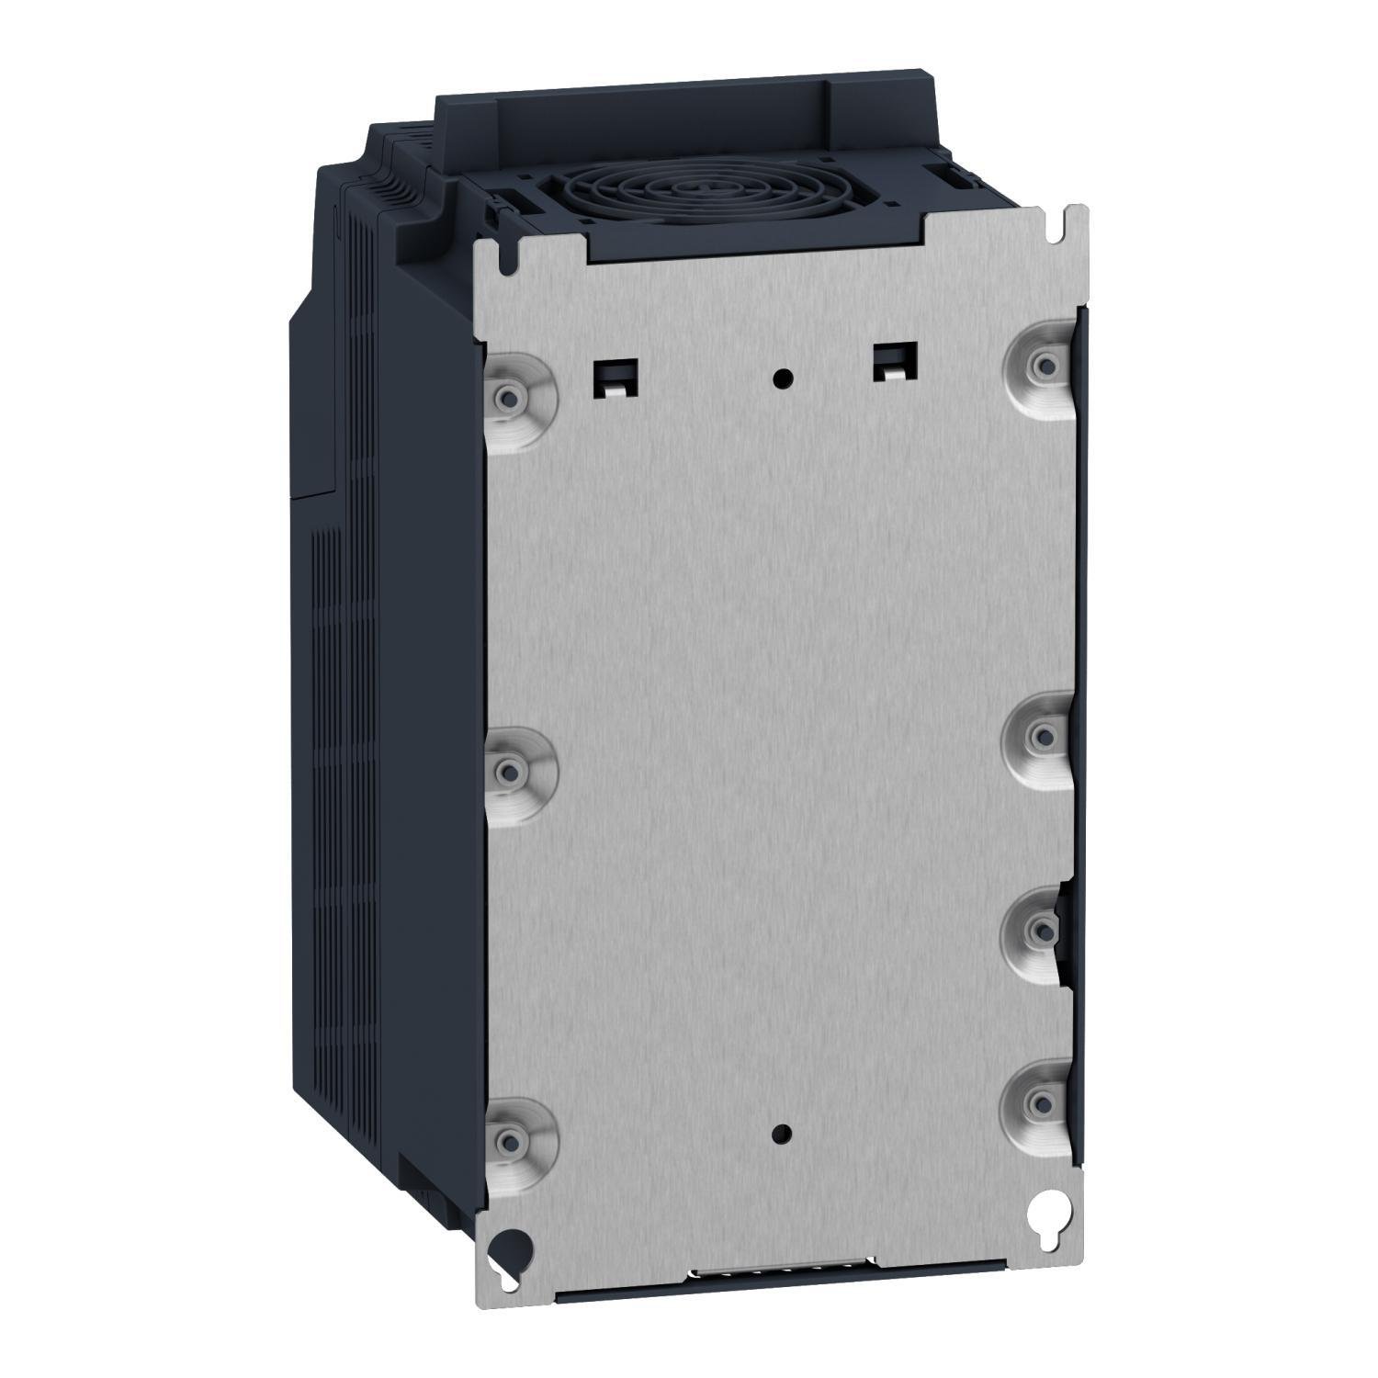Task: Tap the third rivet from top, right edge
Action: click(x=1039, y=932)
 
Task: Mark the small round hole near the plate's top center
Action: click(x=782, y=377)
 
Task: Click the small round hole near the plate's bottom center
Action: click(x=782, y=1134)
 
